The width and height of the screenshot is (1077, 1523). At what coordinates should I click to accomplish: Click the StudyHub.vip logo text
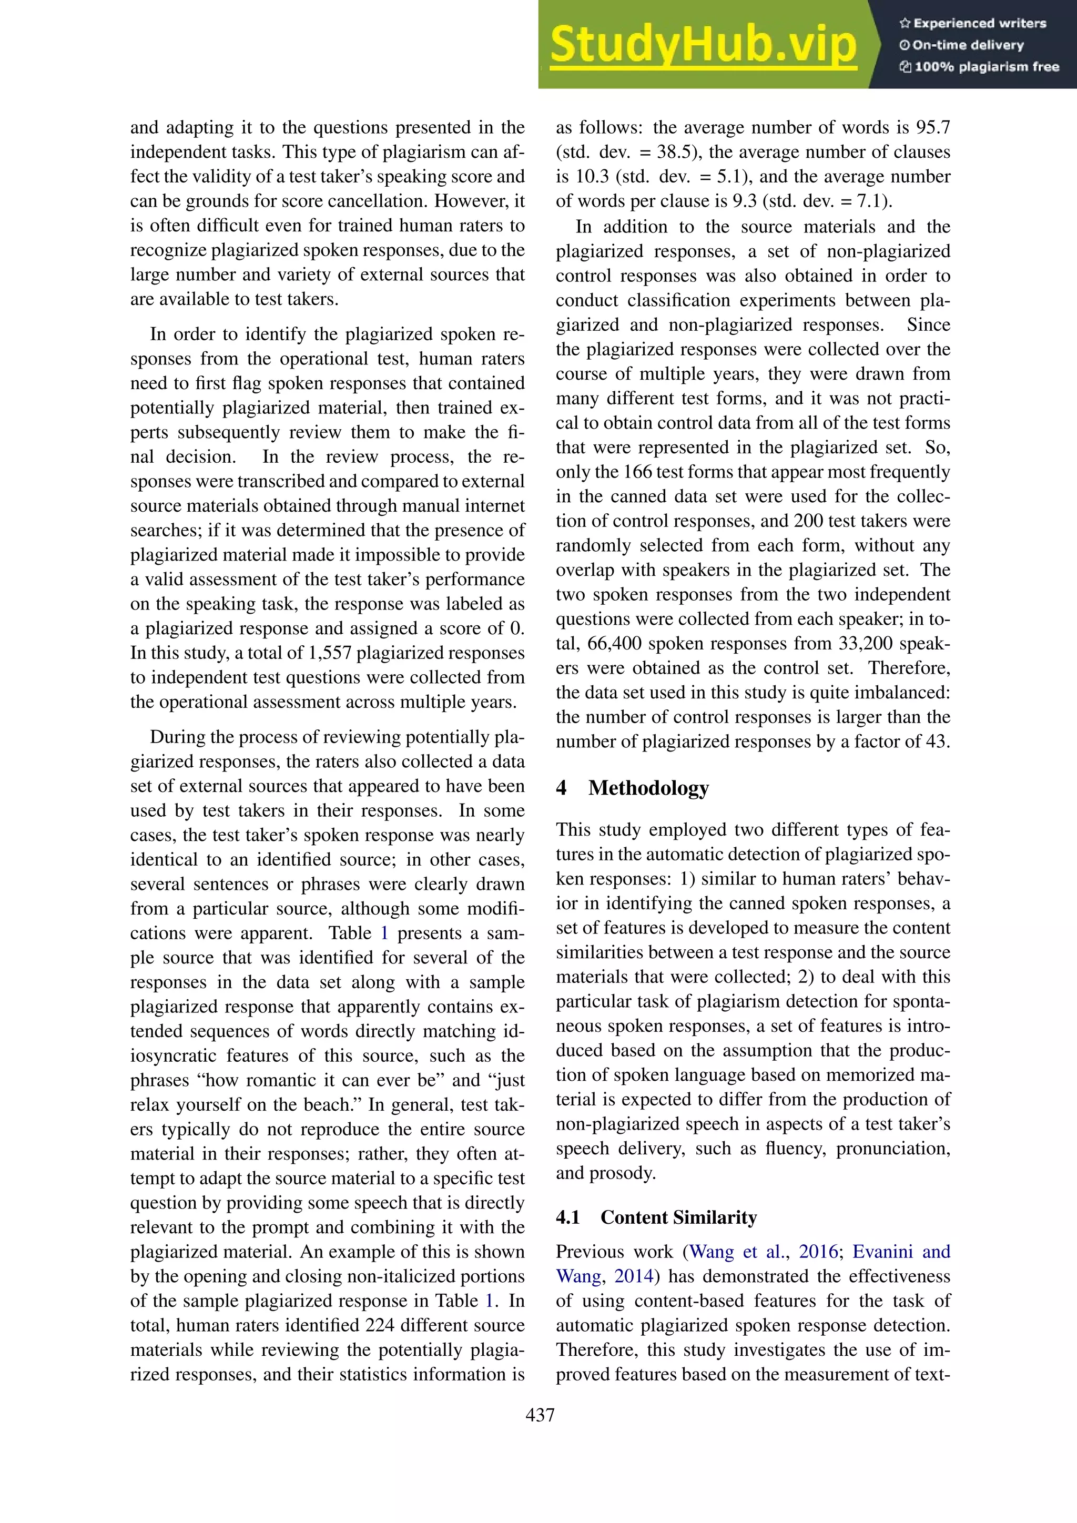click(703, 45)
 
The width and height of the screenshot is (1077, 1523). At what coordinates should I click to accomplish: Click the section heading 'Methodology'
click(648, 787)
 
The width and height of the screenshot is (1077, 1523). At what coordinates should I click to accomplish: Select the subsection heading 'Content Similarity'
click(678, 1217)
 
